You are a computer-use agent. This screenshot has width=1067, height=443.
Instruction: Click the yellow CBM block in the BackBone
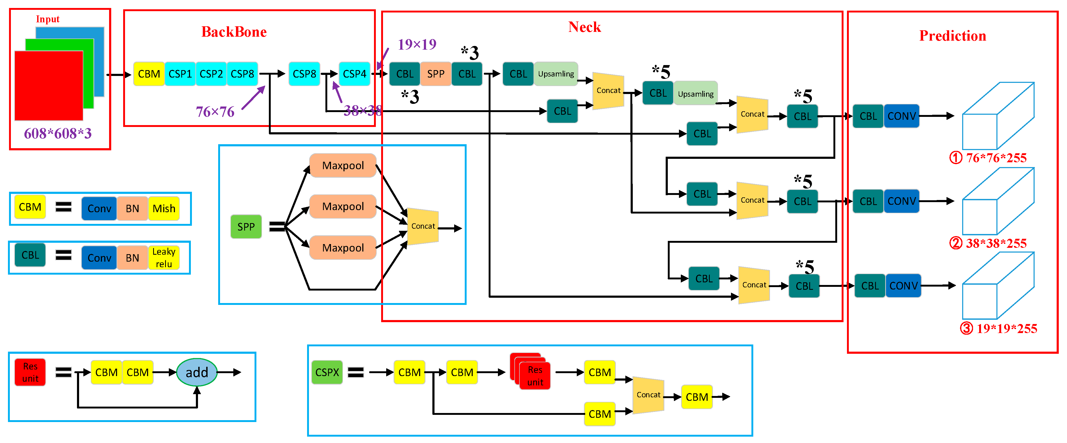pyautogui.click(x=149, y=74)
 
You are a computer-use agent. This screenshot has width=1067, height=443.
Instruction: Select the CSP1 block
pyautogui.click(x=180, y=74)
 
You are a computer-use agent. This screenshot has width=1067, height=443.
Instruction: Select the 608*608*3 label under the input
pyautogui.click(x=58, y=133)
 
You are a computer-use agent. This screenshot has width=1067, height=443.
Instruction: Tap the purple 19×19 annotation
pyautogui.click(x=417, y=44)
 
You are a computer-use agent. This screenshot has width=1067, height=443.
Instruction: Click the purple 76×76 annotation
pyautogui.click(x=215, y=112)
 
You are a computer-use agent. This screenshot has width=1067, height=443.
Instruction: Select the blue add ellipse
pyautogui.click(x=197, y=372)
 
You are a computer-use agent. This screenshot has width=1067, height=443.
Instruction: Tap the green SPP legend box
pyautogui.click(x=246, y=227)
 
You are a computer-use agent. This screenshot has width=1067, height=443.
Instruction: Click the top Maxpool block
pyautogui.click(x=343, y=165)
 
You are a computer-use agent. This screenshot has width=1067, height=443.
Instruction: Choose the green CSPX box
pyautogui.click(x=327, y=372)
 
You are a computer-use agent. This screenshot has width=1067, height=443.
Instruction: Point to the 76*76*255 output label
pyautogui.click(x=996, y=158)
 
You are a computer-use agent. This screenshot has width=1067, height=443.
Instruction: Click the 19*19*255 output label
pyautogui.click(x=1006, y=329)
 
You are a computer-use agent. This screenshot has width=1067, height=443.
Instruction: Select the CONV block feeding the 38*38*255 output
pyautogui.click(x=901, y=201)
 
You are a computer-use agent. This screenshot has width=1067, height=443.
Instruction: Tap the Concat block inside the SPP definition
pyautogui.click(x=423, y=226)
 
